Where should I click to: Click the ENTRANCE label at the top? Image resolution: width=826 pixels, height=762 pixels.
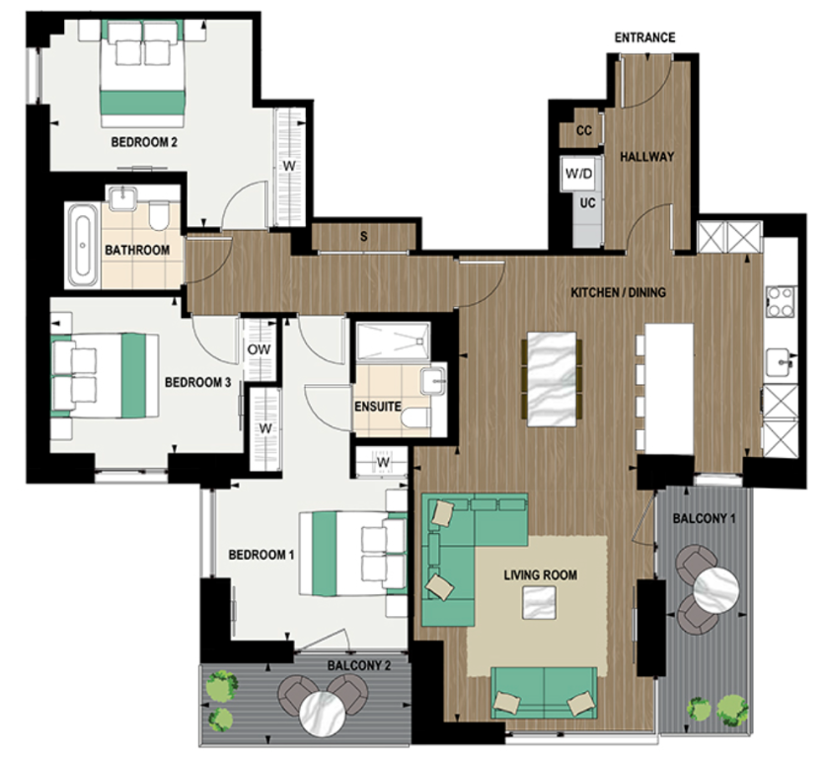[644, 38]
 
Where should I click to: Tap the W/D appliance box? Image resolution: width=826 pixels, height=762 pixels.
[579, 175]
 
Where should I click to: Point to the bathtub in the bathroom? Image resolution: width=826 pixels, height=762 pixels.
[82, 245]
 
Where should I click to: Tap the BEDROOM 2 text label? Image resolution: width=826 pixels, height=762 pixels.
[144, 142]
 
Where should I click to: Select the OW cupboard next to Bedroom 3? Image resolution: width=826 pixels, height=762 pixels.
[260, 348]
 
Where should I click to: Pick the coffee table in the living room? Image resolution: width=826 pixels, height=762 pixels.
[538, 600]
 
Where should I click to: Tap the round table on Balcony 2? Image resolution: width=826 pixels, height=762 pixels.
[325, 708]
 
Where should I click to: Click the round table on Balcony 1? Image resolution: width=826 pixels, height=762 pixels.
[715, 589]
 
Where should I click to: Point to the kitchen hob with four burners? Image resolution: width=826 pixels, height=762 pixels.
[780, 300]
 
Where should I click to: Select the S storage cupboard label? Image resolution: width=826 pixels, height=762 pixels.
[364, 237]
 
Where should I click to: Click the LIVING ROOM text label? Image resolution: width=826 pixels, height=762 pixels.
[540, 574]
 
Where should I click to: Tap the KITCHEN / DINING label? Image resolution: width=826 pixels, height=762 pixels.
[619, 292]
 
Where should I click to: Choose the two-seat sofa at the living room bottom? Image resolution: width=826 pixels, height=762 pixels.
[544, 691]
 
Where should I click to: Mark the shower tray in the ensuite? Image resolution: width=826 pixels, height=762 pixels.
[393, 342]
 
